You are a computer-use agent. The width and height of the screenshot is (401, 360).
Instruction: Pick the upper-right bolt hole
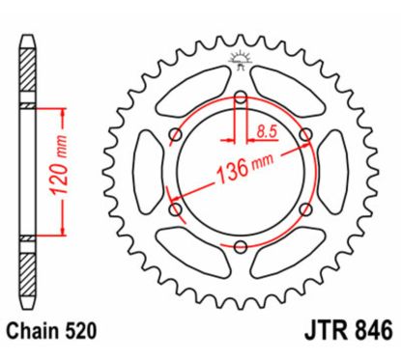pyautogui.click(x=305, y=134)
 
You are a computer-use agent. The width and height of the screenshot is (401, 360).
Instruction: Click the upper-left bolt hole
pyautogui.click(x=174, y=134)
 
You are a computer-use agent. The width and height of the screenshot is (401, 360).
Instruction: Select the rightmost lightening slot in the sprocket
pyautogui.click(x=333, y=171)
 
